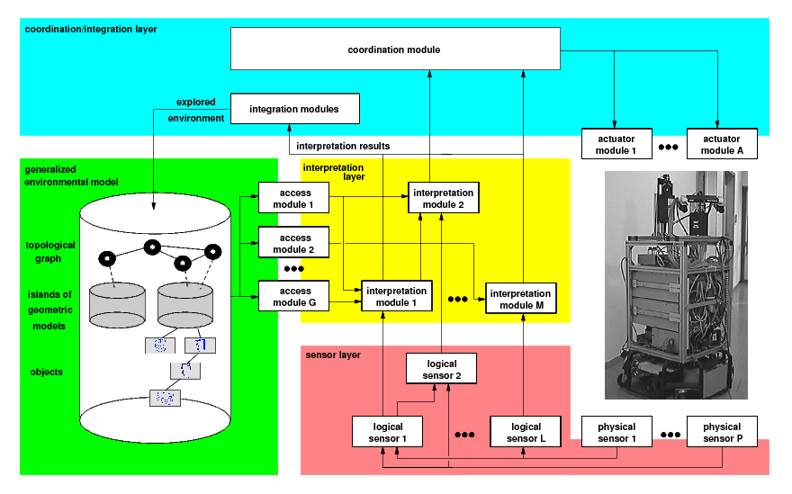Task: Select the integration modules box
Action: pos(294,109)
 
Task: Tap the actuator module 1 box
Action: pos(616,144)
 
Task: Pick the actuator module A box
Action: pos(722,144)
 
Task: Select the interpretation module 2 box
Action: pos(443,198)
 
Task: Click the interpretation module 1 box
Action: pos(396,296)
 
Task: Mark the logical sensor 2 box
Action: pos(441,369)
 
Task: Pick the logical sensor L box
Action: pos(526,432)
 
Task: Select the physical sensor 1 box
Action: pos(616,432)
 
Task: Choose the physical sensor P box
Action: pos(722,432)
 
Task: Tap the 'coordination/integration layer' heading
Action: pos(91,29)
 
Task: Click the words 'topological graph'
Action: pos(49,251)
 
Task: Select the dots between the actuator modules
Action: pos(669,146)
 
